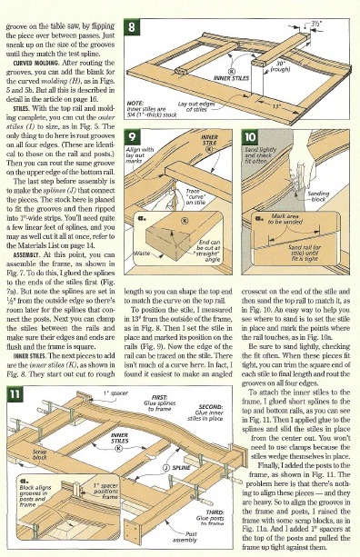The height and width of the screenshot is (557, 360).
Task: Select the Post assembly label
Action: [x=191, y=539]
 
